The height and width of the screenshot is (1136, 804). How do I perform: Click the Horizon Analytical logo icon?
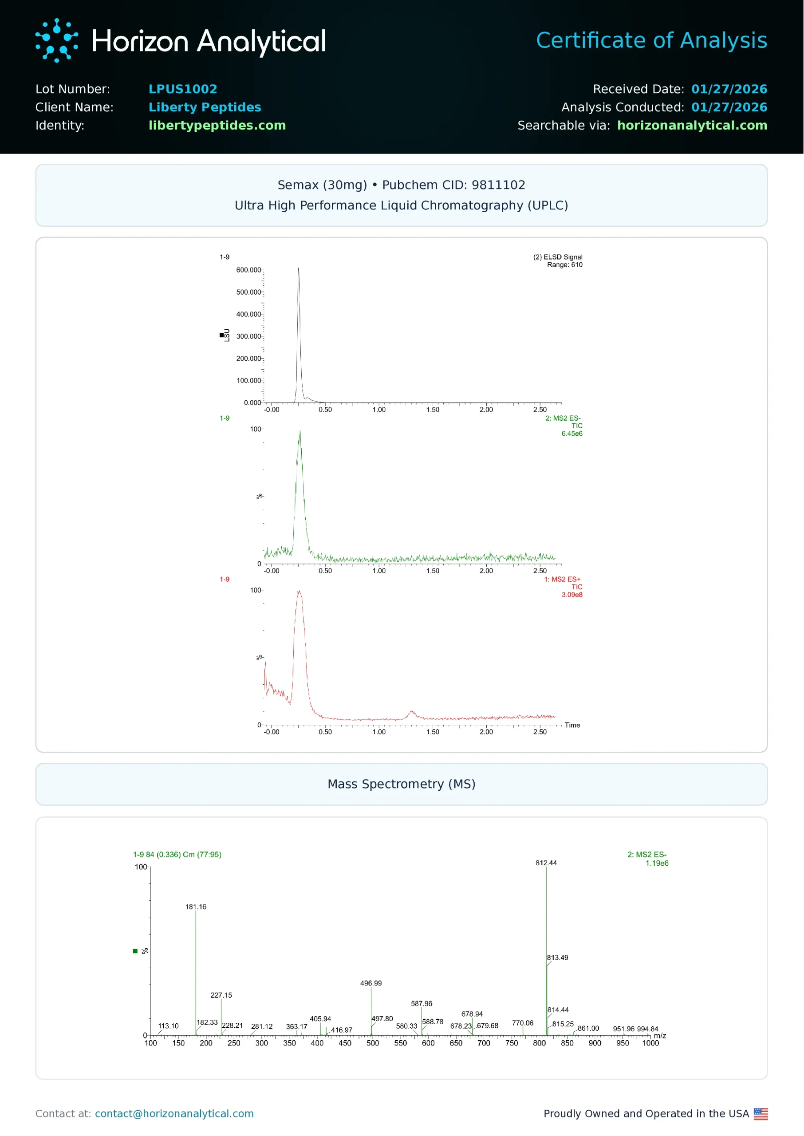[56, 40]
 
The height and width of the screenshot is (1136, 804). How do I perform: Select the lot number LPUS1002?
[183, 89]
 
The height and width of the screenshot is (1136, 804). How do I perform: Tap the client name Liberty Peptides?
[205, 107]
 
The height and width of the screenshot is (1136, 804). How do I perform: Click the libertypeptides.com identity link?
[217, 125]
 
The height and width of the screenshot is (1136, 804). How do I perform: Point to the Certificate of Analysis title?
[651, 40]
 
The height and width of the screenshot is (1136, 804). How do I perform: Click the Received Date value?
[729, 89]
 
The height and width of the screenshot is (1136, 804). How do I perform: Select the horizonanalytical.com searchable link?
[692, 125]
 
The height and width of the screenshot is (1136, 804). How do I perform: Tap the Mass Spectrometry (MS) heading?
[402, 784]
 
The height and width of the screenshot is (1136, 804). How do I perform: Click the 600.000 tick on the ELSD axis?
[248, 270]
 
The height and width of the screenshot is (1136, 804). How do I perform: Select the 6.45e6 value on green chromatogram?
[572, 434]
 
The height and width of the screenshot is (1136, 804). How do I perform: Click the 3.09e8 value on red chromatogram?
[572, 595]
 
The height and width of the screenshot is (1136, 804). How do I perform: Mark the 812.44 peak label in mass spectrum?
[546, 863]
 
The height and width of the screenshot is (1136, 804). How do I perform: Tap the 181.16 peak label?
[196, 907]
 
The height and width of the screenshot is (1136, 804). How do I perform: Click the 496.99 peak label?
[371, 983]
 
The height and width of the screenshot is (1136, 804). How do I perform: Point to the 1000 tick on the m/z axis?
[650, 1043]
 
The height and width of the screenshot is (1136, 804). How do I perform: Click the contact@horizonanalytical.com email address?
[174, 1114]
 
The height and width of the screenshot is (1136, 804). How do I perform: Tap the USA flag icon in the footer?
[761, 1114]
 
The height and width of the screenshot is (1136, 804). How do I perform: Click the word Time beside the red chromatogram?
[572, 725]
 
